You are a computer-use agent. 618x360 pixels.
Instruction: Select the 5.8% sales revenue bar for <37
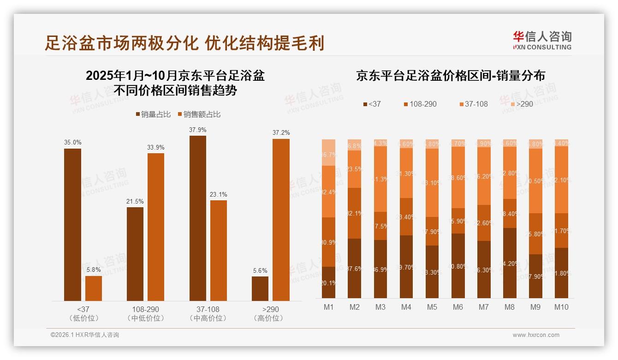click(x=94, y=288)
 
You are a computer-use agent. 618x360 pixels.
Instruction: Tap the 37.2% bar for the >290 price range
click(x=281, y=220)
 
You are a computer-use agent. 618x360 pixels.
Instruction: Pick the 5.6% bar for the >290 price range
click(x=260, y=288)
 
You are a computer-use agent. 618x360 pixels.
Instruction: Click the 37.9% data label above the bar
click(x=197, y=130)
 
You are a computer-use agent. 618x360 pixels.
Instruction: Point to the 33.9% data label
click(x=156, y=147)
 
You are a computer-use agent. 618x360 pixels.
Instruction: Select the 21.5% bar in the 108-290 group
click(x=135, y=254)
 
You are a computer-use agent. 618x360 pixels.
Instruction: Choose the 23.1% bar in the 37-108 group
click(x=219, y=250)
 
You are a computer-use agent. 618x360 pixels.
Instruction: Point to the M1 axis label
click(x=328, y=307)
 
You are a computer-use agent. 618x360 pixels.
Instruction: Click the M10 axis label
click(x=561, y=307)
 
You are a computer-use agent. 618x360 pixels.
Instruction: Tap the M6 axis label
click(x=458, y=307)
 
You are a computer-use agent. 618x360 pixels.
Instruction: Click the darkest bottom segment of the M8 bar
click(x=510, y=263)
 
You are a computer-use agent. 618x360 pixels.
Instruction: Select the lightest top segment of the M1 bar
click(x=328, y=152)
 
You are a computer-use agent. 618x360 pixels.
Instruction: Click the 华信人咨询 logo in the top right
click(x=542, y=40)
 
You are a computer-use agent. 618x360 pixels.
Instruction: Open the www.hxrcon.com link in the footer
click(x=536, y=335)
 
